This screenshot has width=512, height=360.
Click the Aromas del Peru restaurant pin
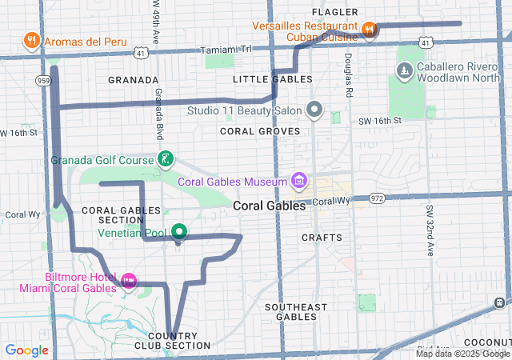(x=31, y=39)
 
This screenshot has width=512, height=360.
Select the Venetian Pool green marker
(x=179, y=233)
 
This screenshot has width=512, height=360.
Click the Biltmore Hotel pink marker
(x=129, y=281)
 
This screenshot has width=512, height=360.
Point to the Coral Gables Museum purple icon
(x=299, y=180)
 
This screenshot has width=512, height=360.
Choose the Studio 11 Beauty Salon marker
(x=315, y=109)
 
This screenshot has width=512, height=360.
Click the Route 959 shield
(x=42, y=81)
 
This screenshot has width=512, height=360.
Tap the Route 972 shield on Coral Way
(x=378, y=198)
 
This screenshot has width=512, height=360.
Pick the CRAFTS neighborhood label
(x=322, y=238)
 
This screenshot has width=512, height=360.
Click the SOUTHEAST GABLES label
(x=296, y=311)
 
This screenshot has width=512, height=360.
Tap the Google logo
(x=27, y=350)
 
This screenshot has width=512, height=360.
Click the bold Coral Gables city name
(x=270, y=206)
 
